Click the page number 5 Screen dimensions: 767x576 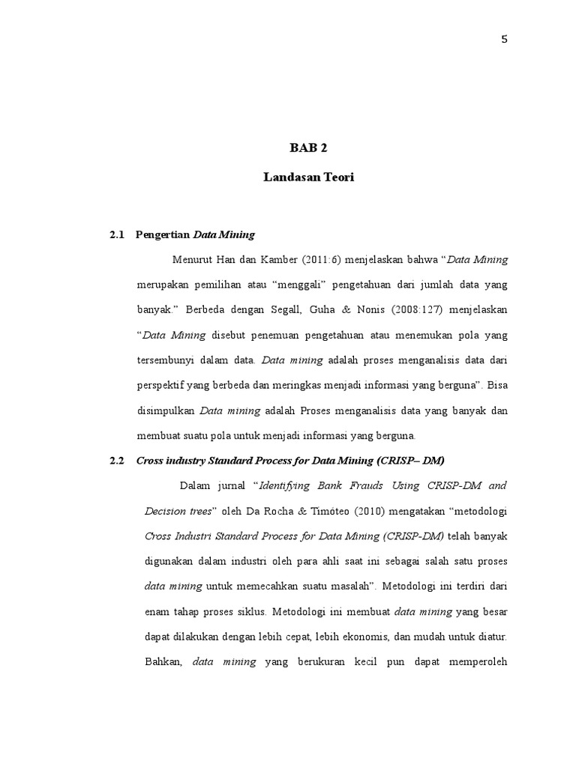(x=505, y=40)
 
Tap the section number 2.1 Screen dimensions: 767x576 (x=115, y=234)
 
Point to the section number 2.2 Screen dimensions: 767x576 (x=115, y=461)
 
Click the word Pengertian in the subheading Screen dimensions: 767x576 (x=163, y=234)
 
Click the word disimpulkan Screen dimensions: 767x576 (x=165, y=410)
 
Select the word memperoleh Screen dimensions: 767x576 (x=477, y=662)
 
